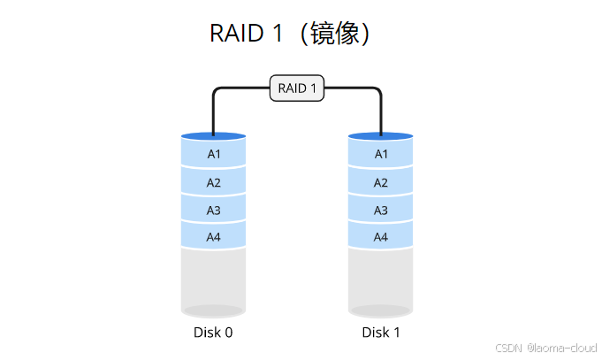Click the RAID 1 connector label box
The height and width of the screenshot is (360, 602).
point(297,88)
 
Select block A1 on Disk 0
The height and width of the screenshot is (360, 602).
point(213,154)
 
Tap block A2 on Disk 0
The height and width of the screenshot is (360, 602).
point(213,182)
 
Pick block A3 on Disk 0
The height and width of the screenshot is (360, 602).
point(213,210)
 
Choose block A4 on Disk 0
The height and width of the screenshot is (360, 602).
point(213,237)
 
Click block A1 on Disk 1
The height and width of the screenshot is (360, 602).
point(381,154)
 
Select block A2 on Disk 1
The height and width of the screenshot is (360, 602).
point(381,182)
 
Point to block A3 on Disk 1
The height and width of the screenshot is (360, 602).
point(381,210)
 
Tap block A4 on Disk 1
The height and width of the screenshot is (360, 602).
point(381,237)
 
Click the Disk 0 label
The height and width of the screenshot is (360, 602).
point(213,333)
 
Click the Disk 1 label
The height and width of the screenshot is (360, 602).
point(381,333)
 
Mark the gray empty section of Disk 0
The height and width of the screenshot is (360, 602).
point(213,279)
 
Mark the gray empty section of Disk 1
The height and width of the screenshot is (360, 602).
point(381,279)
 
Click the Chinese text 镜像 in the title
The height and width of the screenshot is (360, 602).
point(334,34)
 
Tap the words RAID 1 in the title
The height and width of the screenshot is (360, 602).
point(248,34)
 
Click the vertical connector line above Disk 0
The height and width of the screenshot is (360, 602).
point(213,113)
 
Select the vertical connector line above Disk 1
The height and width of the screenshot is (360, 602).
point(381,113)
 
